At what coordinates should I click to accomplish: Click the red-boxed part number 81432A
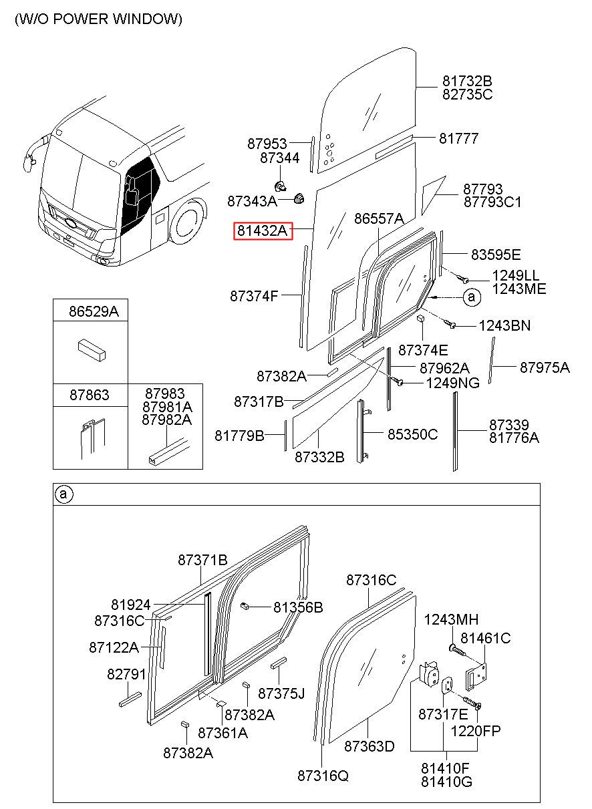(263, 230)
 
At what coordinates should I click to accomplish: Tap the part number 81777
(459, 138)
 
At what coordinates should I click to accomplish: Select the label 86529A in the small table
(94, 311)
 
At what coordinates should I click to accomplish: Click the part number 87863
(90, 395)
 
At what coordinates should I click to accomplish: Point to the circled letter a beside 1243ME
(472, 297)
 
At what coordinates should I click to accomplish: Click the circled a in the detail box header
(63, 494)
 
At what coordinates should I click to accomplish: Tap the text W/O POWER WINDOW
(98, 19)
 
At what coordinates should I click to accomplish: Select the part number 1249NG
(453, 383)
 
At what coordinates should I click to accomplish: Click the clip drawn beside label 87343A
(299, 198)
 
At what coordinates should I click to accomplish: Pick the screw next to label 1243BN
(450, 323)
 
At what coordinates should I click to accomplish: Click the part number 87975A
(545, 367)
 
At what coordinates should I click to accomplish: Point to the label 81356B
(298, 607)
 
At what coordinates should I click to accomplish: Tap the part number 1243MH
(451, 620)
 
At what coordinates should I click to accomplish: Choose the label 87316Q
(323, 776)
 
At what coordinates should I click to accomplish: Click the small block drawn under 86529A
(92, 350)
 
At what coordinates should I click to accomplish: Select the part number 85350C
(412, 434)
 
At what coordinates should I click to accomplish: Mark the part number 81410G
(446, 782)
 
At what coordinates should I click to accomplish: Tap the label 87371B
(202, 560)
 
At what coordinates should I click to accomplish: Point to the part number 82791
(127, 674)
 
